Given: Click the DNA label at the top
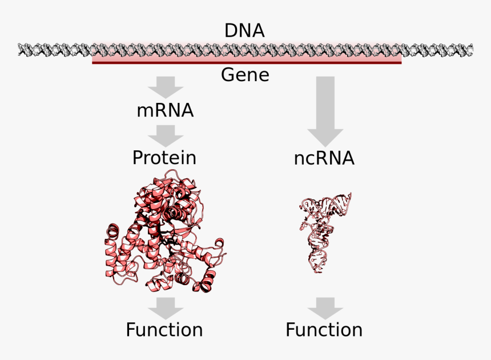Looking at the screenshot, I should point(244,30).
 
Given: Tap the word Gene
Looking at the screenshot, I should point(245,75).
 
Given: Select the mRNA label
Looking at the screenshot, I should point(165,110).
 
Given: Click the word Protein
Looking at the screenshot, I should point(164,158).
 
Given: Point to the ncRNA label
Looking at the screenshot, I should point(324,158).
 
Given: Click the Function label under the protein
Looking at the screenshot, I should point(164,330).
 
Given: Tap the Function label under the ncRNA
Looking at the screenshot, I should point(324,330).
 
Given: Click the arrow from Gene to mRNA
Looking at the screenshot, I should point(166,88).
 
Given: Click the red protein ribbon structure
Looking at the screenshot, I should point(166,234).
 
